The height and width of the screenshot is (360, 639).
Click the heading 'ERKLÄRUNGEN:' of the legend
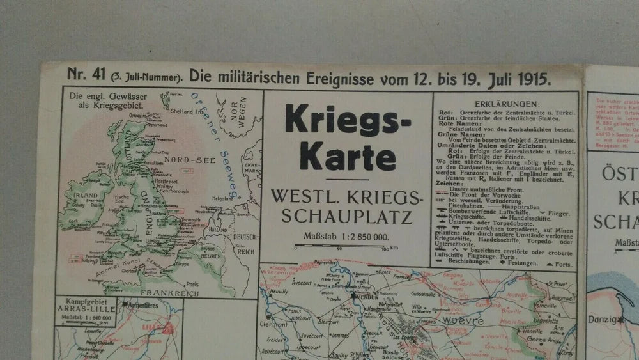[x=507, y=104]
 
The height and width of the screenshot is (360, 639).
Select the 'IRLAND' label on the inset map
[x=84, y=194]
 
